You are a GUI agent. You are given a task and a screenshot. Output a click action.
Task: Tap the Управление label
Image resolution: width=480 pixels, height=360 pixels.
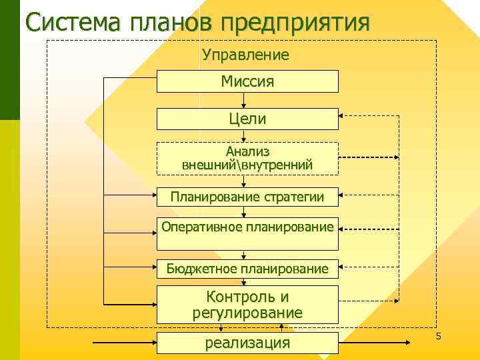point(245,55)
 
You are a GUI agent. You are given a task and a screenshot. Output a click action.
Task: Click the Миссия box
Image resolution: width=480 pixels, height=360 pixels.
point(247,81)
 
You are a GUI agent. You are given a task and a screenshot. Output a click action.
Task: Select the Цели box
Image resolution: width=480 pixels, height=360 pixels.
point(247,119)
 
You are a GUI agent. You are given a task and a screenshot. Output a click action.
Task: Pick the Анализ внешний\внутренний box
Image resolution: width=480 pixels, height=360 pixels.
point(247,158)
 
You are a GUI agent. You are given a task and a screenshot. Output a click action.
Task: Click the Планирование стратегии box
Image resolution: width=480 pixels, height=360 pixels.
point(247,197)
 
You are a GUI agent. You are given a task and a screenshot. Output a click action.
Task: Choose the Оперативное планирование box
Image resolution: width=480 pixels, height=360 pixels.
point(247,227)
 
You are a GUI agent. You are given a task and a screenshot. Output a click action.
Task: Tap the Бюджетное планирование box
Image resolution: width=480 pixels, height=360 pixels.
point(247,269)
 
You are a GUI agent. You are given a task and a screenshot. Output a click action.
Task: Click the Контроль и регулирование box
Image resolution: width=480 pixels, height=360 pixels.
point(247,304)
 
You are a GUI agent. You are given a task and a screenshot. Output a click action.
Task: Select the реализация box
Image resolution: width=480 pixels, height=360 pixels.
point(247,343)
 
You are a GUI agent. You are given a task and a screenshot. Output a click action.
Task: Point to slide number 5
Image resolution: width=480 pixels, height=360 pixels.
point(438,337)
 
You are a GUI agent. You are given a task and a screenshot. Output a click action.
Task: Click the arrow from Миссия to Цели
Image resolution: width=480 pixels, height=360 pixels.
point(245,101)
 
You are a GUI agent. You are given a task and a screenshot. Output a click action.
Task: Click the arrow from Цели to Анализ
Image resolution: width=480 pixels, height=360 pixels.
point(245,135)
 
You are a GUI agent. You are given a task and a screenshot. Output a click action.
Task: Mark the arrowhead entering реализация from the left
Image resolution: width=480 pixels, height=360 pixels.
point(153,343)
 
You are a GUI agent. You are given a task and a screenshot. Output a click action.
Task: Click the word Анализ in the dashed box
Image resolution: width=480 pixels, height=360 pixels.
point(247,151)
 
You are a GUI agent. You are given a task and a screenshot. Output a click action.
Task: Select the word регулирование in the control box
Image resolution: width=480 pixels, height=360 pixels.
point(247,312)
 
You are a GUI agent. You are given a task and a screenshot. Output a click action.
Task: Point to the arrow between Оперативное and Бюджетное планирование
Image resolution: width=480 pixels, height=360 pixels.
point(245,252)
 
